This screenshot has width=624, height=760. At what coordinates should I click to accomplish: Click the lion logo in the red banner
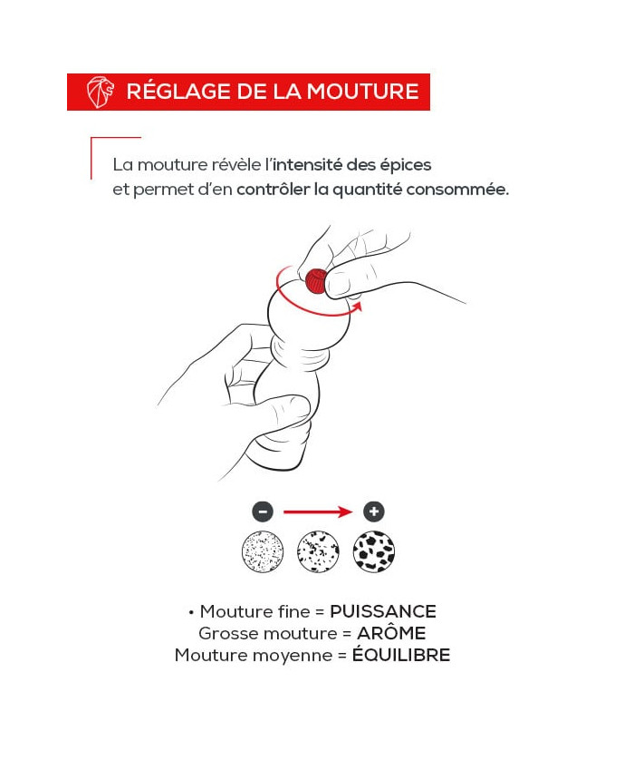pyautogui.click(x=101, y=92)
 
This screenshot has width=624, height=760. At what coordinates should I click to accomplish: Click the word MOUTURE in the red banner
pyautogui.click(x=362, y=92)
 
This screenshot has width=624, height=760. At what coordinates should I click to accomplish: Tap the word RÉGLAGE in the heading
pyautogui.click(x=178, y=91)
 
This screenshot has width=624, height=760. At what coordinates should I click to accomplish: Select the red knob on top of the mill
pyautogui.click(x=316, y=280)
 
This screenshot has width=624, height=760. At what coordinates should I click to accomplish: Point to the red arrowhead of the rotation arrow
pyautogui.click(x=357, y=307)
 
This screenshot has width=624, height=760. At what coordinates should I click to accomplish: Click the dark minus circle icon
pyautogui.click(x=263, y=512)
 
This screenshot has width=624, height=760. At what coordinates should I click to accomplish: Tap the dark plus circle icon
pyautogui.click(x=374, y=512)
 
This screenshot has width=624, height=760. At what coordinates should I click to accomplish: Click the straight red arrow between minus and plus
pyautogui.click(x=318, y=512)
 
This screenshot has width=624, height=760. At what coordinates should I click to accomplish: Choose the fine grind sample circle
pyautogui.click(x=263, y=551)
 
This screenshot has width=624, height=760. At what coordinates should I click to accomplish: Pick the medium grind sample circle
pyautogui.click(x=318, y=551)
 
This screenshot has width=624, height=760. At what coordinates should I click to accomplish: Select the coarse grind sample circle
pyautogui.click(x=374, y=551)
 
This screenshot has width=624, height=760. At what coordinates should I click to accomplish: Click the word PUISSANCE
pyautogui.click(x=383, y=611)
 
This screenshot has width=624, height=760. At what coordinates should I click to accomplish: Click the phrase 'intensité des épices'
pyautogui.click(x=352, y=165)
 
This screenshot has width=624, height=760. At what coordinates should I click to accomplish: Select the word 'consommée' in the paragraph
pyautogui.click(x=457, y=189)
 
